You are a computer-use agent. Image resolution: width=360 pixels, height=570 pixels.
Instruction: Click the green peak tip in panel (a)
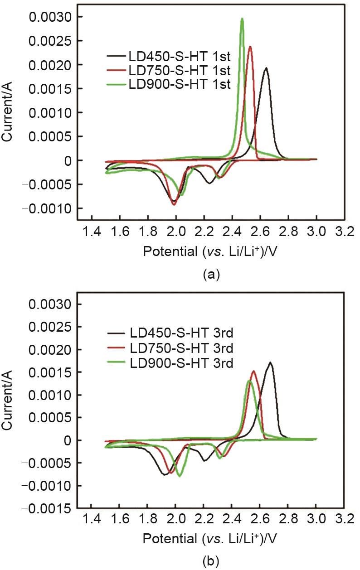(242, 19)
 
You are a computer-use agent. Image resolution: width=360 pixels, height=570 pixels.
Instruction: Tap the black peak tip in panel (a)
(266, 68)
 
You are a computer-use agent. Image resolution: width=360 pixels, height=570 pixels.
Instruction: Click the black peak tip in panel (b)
(270, 362)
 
